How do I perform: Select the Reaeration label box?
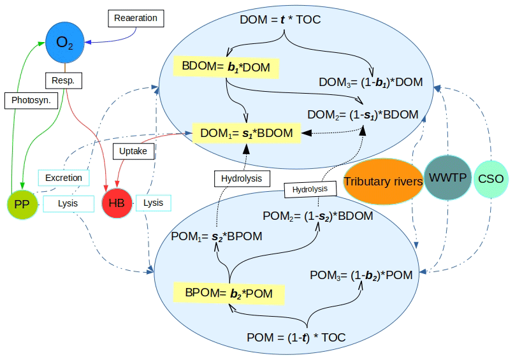click(x=136, y=18)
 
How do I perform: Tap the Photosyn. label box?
click(x=31, y=100)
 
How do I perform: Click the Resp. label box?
click(x=64, y=81)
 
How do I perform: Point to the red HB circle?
click(x=117, y=203)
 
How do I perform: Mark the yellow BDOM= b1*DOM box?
click(x=226, y=66)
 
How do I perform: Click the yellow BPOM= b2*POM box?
click(x=229, y=293)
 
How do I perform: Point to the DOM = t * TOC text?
click(x=280, y=20)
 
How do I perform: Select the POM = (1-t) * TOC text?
click(x=296, y=338)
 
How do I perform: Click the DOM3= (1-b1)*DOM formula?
click(x=371, y=82)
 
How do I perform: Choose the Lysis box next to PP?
click(x=68, y=203)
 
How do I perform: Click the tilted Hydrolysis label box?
click(x=310, y=189)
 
